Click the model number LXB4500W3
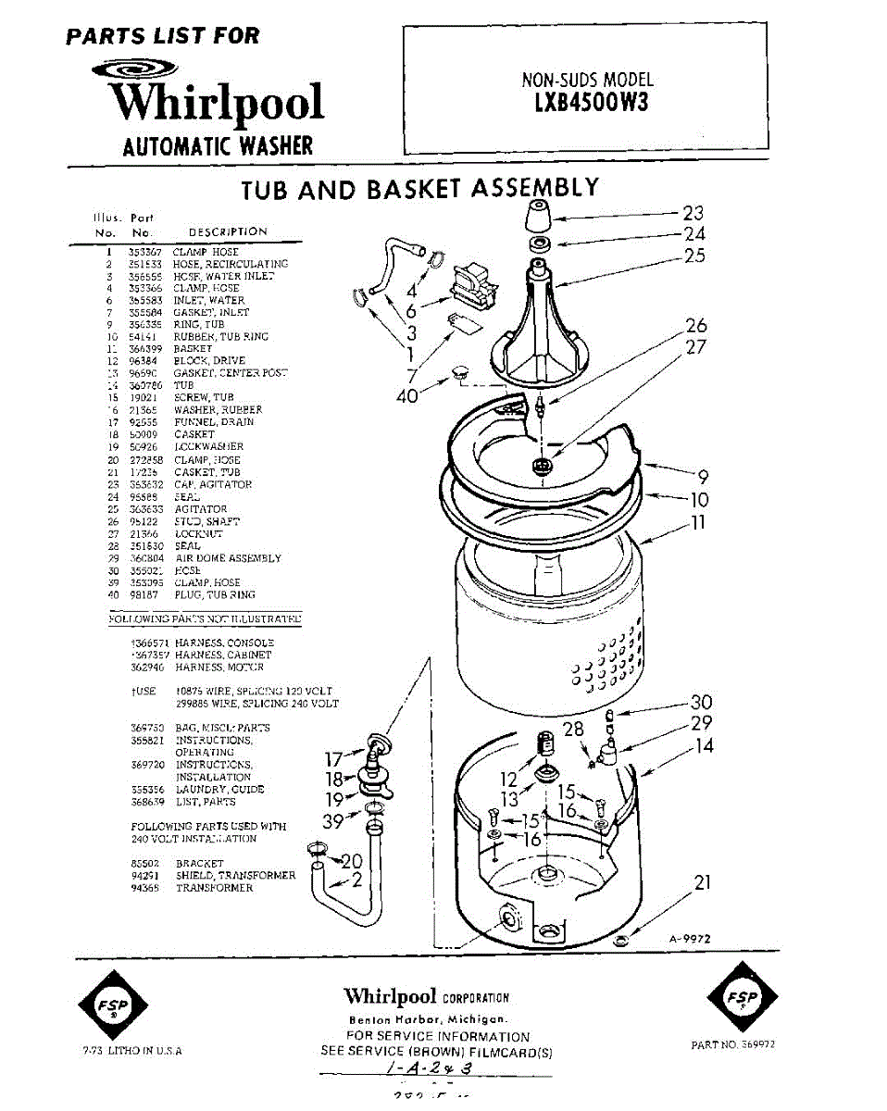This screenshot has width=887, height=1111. pos(592,102)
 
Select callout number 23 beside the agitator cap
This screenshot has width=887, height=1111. pos(694,214)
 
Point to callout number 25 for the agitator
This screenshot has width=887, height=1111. pos(694,256)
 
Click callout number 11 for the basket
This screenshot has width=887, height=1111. pos(699,523)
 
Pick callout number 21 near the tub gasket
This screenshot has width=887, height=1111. pos(703,881)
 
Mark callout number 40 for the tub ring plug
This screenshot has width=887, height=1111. pos(406,396)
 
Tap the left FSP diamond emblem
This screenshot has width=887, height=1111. pos(111,1004)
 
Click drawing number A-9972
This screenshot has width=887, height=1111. pos(690,938)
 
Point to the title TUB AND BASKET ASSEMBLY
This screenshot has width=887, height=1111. pos(419,190)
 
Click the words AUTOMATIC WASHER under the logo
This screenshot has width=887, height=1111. pos(219,145)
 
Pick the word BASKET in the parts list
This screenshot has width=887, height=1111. pos(193,349)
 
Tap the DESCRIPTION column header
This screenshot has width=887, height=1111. pos(228,231)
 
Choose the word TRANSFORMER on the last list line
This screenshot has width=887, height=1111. pos(214,888)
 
